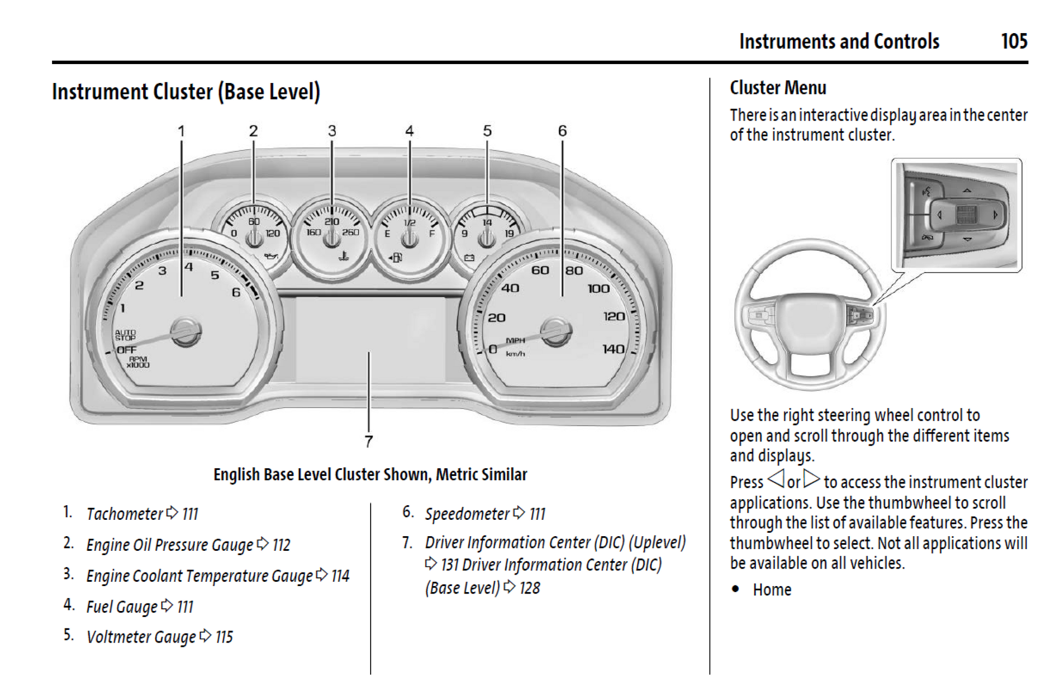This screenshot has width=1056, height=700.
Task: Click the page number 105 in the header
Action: pyautogui.click(x=1014, y=41)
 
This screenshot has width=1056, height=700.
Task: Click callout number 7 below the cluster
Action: pyautogui.click(x=368, y=441)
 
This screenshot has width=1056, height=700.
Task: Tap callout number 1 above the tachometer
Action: pyautogui.click(x=181, y=131)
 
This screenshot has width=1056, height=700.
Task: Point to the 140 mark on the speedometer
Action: pyautogui.click(x=613, y=349)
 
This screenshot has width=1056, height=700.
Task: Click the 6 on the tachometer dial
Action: pyautogui.click(x=236, y=292)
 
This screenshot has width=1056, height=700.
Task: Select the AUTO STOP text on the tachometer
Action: pyautogui.click(x=125, y=335)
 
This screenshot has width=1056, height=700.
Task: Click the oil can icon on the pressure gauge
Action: pyautogui.click(x=271, y=256)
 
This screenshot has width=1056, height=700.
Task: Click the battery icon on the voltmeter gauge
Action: pyautogui.click(x=469, y=257)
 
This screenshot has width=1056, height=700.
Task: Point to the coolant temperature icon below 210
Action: pyautogui.click(x=344, y=256)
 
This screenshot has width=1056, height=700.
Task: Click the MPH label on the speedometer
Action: pyautogui.click(x=515, y=340)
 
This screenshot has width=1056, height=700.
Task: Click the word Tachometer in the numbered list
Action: pyautogui.click(x=124, y=513)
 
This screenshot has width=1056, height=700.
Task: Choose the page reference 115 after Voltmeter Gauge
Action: pyautogui.click(x=224, y=637)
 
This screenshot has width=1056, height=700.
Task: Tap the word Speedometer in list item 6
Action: pyautogui.click(x=467, y=513)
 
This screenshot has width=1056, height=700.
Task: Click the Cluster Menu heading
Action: pyautogui.click(x=778, y=87)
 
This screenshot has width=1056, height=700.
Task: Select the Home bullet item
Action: pyautogui.click(x=772, y=590)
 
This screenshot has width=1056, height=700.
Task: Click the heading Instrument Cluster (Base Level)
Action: pyautogui.click(x=186, y=92)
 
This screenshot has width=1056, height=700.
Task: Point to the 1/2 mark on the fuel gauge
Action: pyautogui.click(x=410, y=222)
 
